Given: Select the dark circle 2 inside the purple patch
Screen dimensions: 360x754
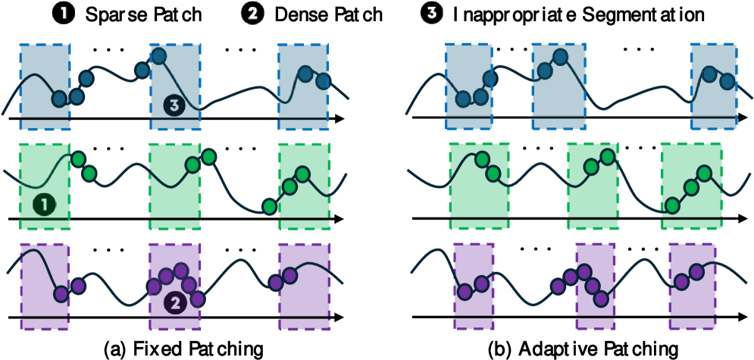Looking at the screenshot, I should (174, 303).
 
